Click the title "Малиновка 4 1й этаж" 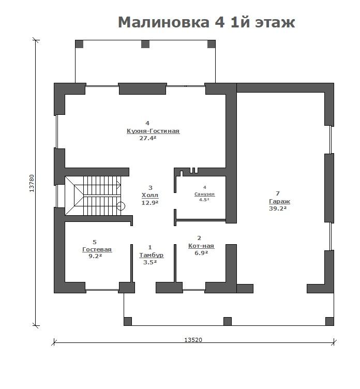(206, 22)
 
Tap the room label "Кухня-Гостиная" (153, 131)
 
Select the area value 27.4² (147, 138)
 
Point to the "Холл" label (150, 195)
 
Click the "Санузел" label (204, 194)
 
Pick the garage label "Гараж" (279, 201)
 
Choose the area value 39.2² (278, 208)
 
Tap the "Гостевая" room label (97, 249)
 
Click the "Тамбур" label (152, 255)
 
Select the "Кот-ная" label (201, 246)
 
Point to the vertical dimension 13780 (32, 183)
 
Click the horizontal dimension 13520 (193, 340)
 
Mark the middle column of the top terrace (145, 44)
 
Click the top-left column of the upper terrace (79, 44)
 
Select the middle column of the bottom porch (227, 321)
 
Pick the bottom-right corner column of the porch (329, 321)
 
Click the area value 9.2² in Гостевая (95, 256)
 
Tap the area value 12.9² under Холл (150, 203)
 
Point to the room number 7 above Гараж (278, 193)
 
